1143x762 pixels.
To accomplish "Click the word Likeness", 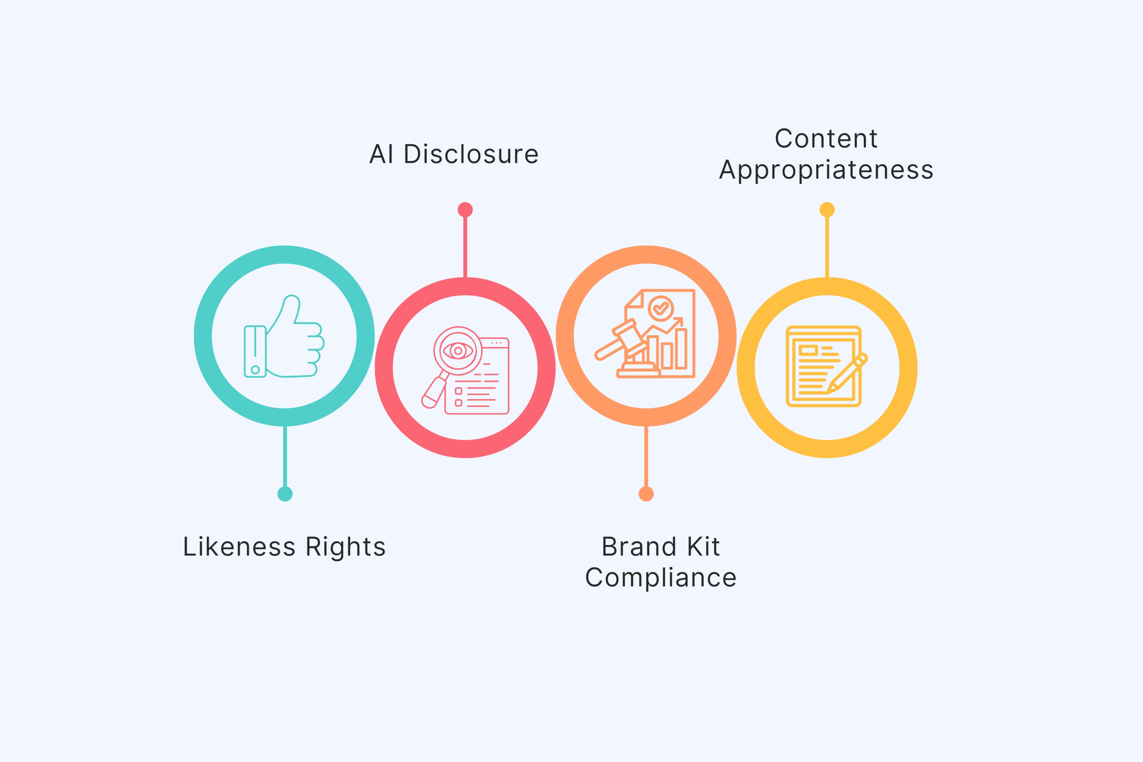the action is pyautogui.click(x=239, y=547).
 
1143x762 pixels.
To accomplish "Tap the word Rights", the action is pyautogui.click(x=345, y=547).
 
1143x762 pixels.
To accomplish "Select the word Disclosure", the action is pyautogui.click(x=471, y=155).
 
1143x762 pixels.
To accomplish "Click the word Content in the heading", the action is pyautogui.click(x=826, y=139).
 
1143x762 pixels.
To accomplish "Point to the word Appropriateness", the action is pyautogui.click(x=826, y=170).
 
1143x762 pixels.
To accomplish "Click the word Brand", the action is pyautogui.click(x=639, y=547).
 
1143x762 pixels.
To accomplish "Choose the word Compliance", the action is pyautogui.click(x=661, y=578).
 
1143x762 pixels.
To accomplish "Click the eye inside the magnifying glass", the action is pyautogui.click(x=458, y=350).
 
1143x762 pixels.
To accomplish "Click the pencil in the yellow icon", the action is pyautogui.click(x=848, y=374).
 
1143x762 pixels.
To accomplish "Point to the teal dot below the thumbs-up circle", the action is pyautogui.click(x=285, y=494).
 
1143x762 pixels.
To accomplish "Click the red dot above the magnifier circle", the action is pyautogui.click(x=465, y=210).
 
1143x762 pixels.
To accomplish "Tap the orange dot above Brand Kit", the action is pyautogui.click(x=646, y=494).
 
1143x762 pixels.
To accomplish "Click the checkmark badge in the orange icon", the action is pyautogui.click(x=660, y=308).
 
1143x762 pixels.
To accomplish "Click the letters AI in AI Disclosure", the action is pyautogui.click(x=381, y=155).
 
